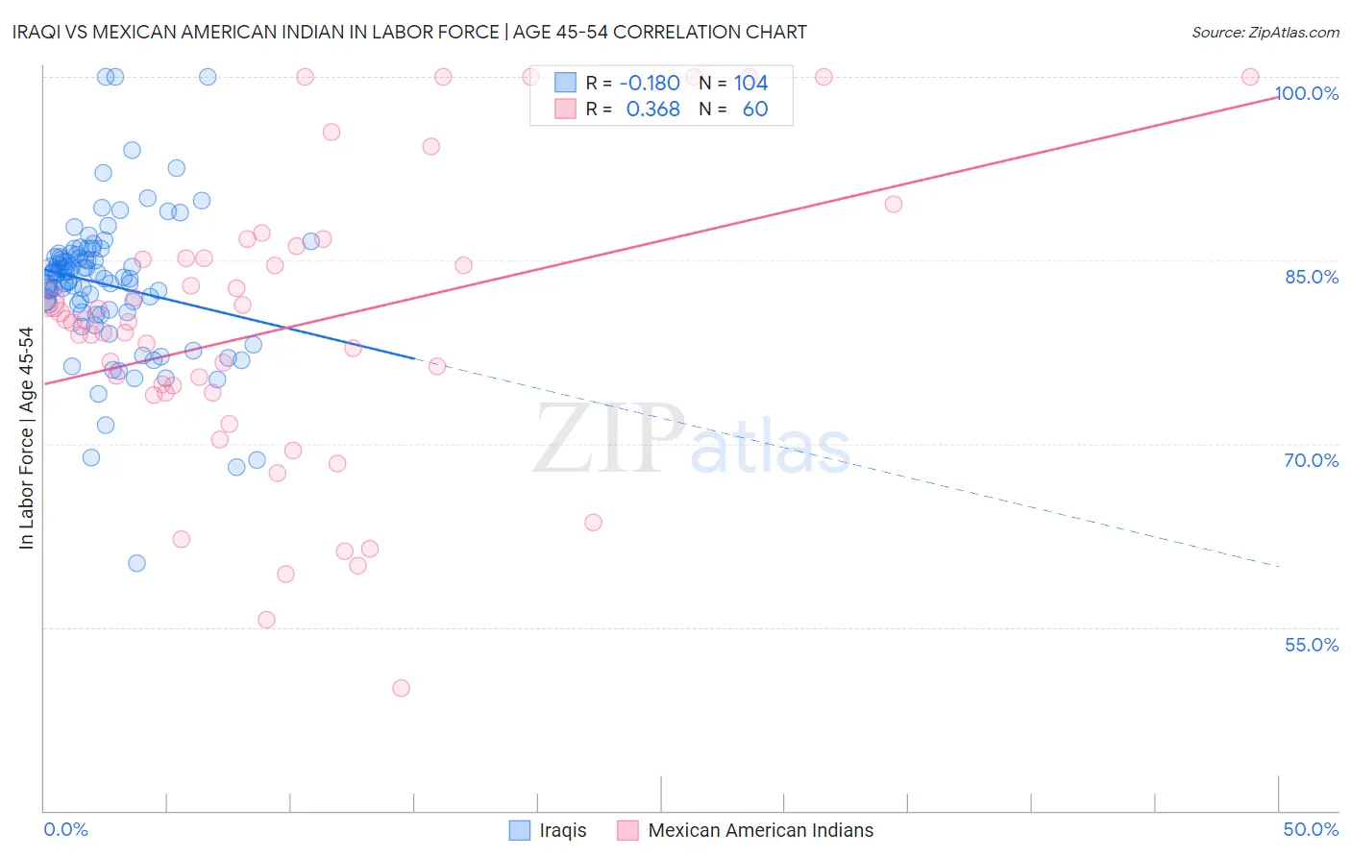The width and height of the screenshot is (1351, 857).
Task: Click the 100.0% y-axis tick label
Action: coord(1306,93)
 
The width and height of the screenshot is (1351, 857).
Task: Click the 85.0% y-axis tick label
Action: coord(1312,277)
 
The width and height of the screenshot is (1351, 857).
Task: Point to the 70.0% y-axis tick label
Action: coord(1312,460)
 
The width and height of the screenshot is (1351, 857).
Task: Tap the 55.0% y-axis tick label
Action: coord(1312,645)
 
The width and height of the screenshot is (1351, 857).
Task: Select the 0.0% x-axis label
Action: coord(65,829)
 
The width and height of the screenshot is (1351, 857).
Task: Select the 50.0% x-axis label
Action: coord(1311,829)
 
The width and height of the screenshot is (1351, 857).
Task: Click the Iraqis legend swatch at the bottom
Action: coord(520,830)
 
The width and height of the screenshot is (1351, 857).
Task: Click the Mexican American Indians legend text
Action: coord(761,830)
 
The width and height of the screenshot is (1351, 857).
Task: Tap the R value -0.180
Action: coord(650,84)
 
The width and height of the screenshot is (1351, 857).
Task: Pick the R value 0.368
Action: coord(652,110)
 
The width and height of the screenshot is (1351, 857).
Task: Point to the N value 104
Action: coord(750,84)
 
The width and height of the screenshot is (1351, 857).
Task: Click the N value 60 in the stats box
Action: coord(755,110)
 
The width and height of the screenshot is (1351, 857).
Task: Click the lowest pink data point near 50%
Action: coord(401,688)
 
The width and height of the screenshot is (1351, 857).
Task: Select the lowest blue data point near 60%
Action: coord(136,563)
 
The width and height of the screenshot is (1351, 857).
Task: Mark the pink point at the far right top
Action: coord(1250,77)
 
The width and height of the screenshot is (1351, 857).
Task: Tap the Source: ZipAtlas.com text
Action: coord(1265,32)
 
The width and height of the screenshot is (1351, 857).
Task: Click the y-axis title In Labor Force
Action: coord(26,438)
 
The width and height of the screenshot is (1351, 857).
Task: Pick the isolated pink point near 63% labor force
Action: coord(593,523)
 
